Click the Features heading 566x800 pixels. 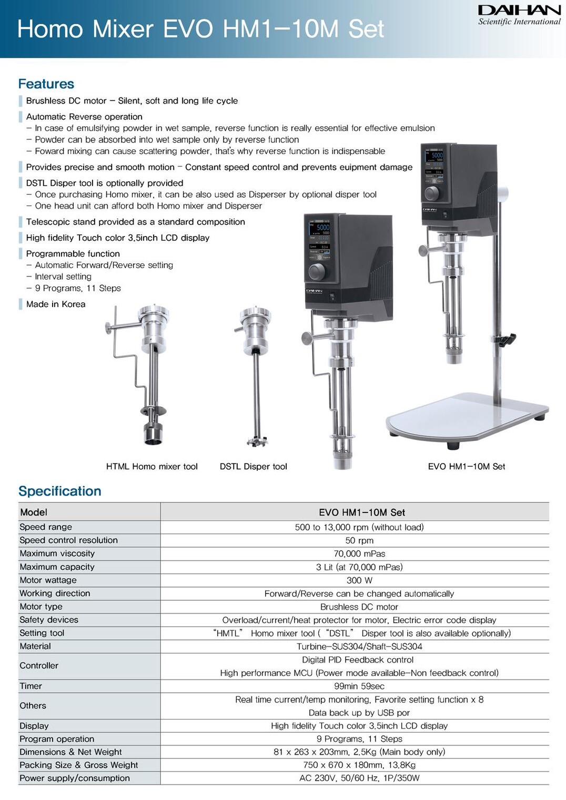tap(46, 84)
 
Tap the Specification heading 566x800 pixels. tap(60, 491)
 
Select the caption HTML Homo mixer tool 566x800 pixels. tap(151, 466)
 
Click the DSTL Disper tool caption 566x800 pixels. tap(253, 466)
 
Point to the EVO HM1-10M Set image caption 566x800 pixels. tap(466, 466)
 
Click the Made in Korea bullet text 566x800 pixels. tap(56, 304)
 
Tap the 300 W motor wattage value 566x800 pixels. tap(359, 580)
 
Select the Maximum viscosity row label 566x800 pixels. tap(57, 553)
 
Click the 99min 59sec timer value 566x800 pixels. tap(359, 686)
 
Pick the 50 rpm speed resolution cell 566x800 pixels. tap(359, 540)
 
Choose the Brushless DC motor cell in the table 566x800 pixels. tap(359, 607)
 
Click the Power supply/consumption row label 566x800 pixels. tap(75, 778)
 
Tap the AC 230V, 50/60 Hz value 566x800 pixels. tap(359, 778)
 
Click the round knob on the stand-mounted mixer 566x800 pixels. tap(431, 193)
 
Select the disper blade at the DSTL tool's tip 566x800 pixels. tap(257, 440)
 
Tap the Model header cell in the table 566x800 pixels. tap(34, 512)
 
